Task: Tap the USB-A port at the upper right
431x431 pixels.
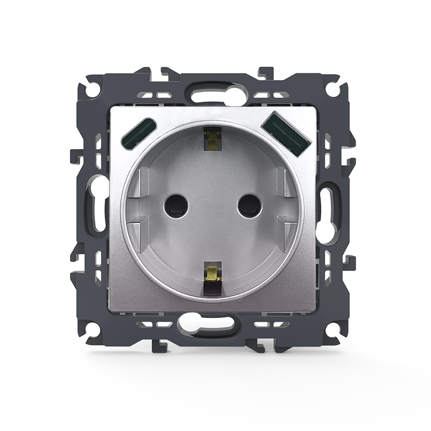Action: click(285, 133)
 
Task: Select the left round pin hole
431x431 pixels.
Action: click(175, 205)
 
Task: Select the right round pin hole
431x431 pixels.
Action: click(249, 205)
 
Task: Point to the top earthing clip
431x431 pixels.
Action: click(212, 140)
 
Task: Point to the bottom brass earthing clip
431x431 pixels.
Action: click(213, 274)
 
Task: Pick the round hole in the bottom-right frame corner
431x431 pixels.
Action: click(332, 328)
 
